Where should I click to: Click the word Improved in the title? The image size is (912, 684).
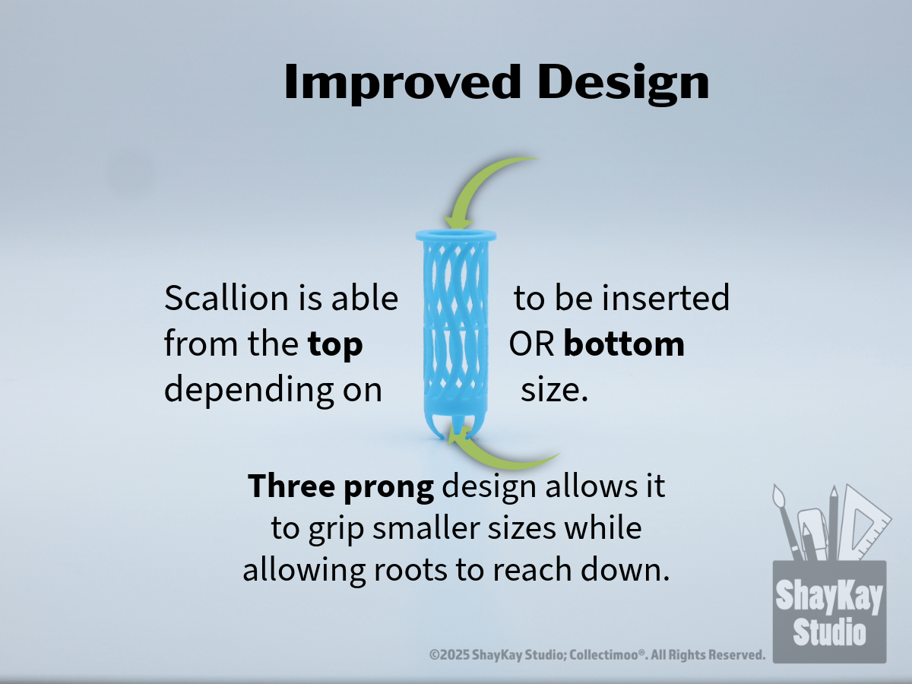(402, 82)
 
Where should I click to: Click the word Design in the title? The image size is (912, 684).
(624, 84)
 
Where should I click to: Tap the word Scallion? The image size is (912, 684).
(227, 298)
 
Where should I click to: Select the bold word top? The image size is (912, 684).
(335, 346)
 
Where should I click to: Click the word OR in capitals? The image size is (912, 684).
(531, 344)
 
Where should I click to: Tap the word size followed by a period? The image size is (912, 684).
(554, 391)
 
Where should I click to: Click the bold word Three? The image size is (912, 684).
(291, 486)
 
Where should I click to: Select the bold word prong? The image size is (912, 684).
(389, 489)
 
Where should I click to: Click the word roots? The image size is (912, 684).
(410, 571)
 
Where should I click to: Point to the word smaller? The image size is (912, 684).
(426, 528)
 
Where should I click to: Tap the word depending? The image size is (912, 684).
(249, 391)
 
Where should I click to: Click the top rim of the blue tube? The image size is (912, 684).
(456, 236)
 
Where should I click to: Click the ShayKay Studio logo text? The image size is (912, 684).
(829, 612)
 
